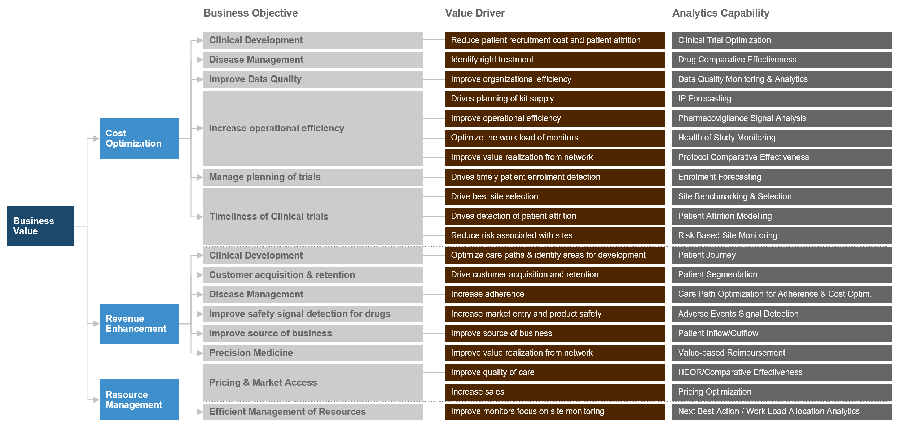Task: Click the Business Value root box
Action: [x=40, y=226]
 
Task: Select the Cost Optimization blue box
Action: [x=139, y=138]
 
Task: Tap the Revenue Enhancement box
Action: [x=139, y=323]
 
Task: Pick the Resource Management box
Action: [x=139, y=400]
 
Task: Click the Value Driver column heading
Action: [x=475, y=13]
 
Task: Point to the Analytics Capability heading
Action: [x=720, y=13]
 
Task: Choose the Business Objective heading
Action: [x=250, y=13]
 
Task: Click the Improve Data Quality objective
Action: [x=313, y=79]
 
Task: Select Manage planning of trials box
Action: [x=313, y=177]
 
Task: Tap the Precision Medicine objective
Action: [x=313, y=353]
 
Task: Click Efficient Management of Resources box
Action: [x=313, y=412]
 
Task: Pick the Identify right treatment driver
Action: [x=554, y=60]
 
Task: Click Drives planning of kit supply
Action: [x=554, y=99]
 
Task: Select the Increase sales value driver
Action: [x=554, y=392]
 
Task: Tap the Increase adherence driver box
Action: [x=554, y=294]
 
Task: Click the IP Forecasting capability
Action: [x=782, y=99]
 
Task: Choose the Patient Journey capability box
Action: [x=782, y=255]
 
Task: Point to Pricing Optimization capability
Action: [x=782, y=392]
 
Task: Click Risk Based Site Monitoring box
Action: [x=782, y=235]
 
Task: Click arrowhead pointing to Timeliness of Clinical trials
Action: [x=200, y=217]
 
